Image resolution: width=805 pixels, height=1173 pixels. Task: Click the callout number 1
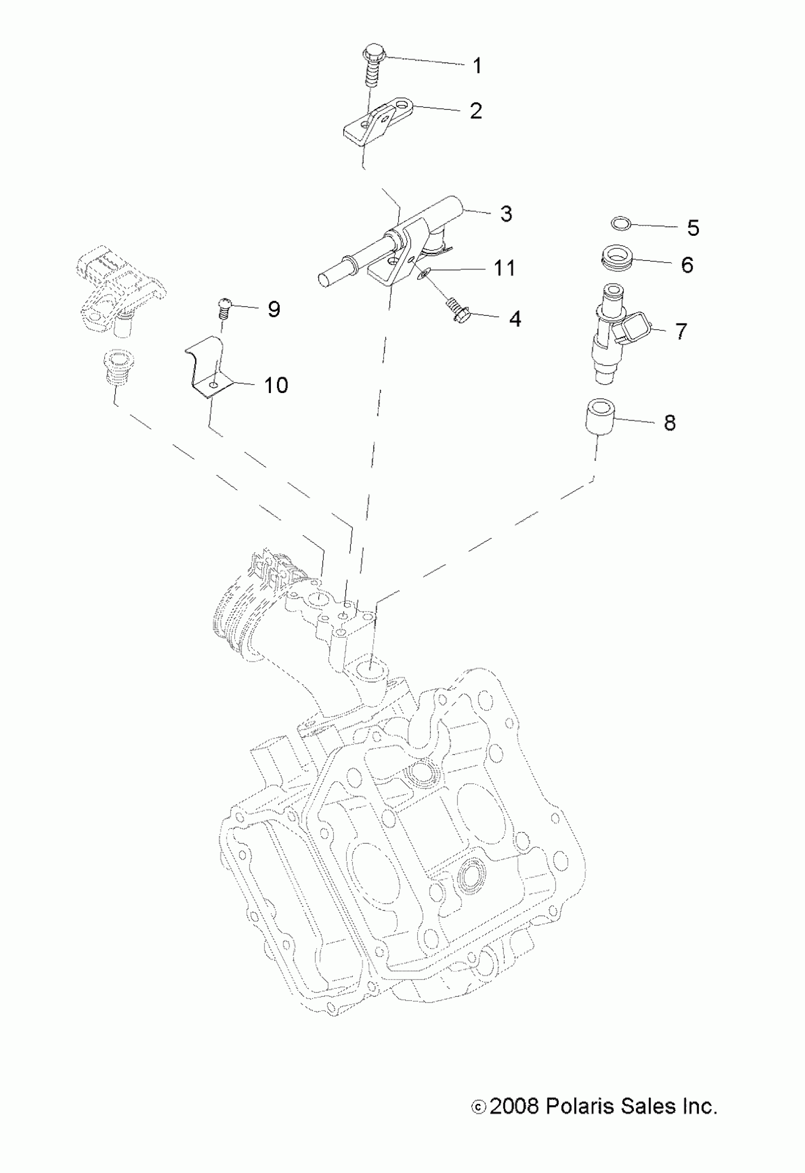click(476, 66)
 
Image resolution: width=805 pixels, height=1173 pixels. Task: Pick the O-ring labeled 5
click(620, 222)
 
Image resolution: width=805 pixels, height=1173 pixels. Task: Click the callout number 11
click(504, 268)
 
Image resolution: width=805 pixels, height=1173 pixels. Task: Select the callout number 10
click(276, 385)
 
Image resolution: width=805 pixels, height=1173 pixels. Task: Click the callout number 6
click(687, 264)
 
